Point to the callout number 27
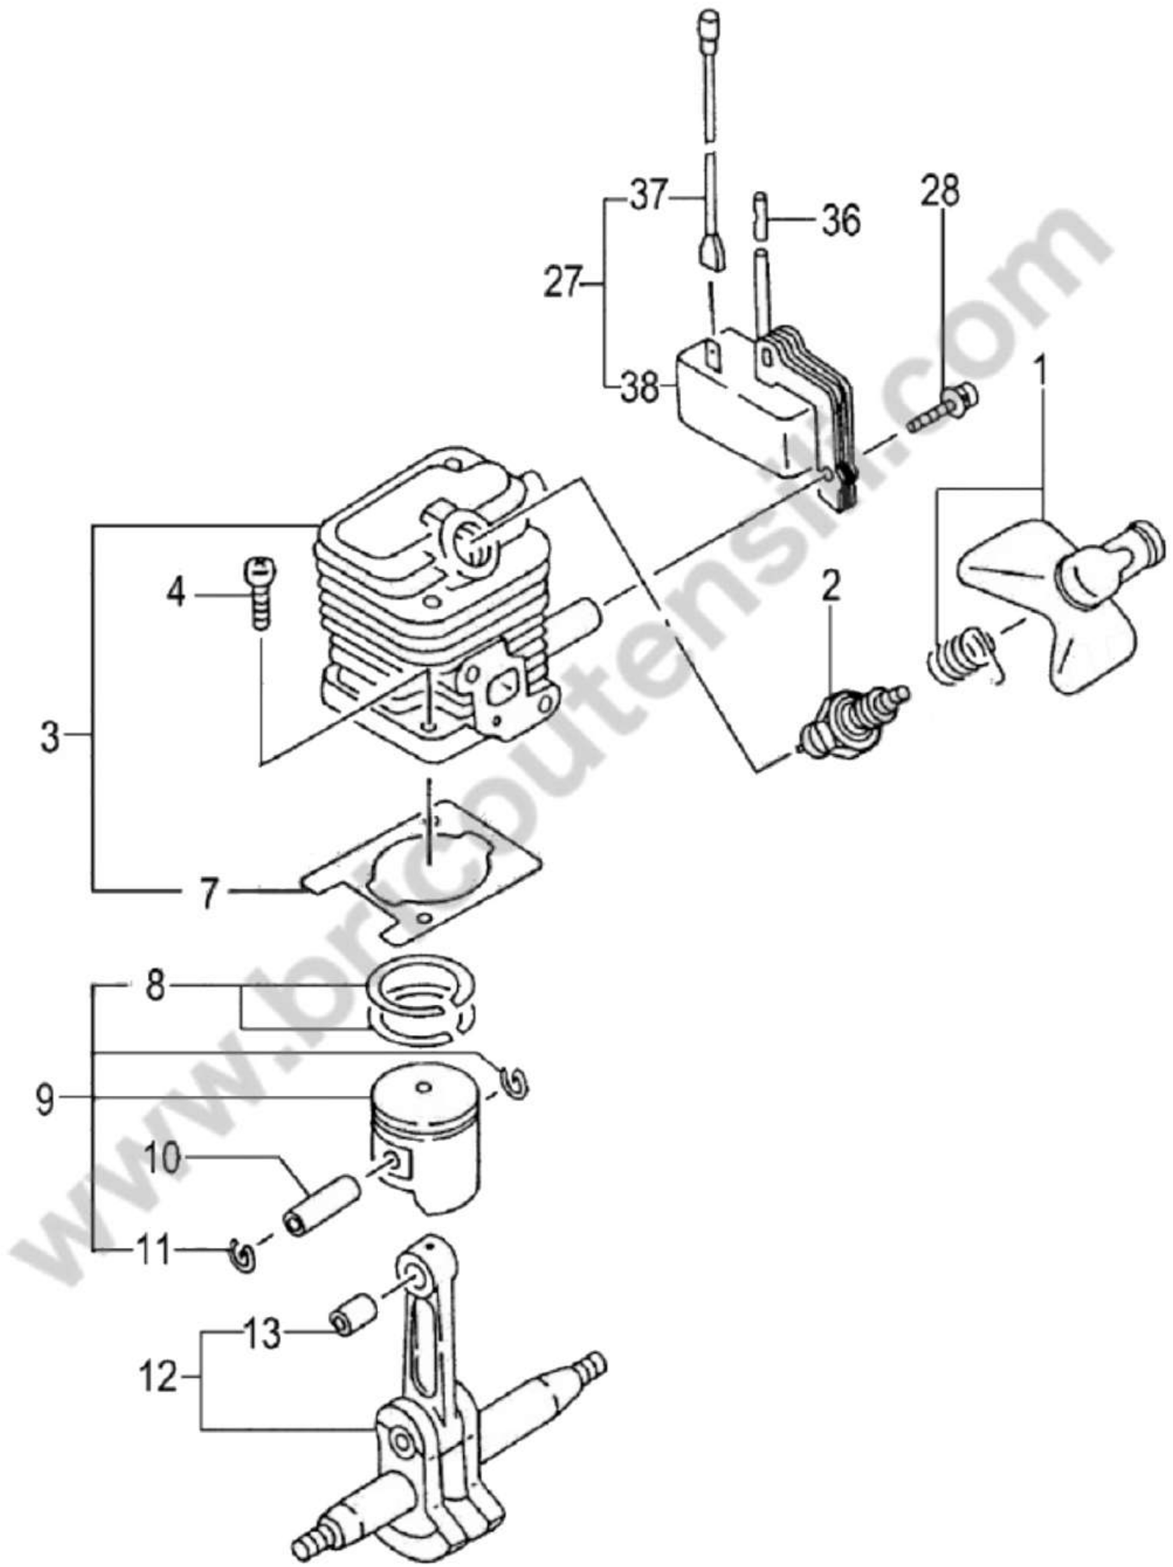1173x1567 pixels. point(563,283)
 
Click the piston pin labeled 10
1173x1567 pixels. point(322,1204)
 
